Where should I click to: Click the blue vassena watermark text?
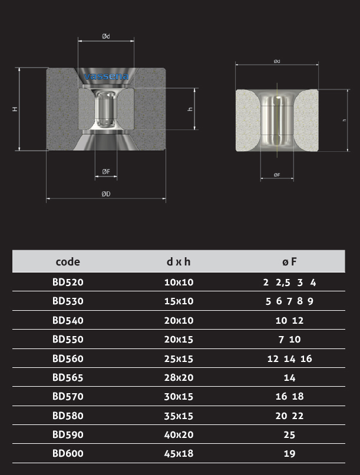(106, 76)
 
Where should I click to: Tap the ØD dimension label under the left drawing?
(106, 194)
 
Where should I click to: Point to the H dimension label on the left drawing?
(15, 109)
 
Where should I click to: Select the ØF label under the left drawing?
(106, 171)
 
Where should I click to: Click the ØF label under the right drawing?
(276, 175)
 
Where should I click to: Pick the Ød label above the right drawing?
(276, 61)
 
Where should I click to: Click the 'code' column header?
(68, 262)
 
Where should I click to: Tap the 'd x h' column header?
(179, 261)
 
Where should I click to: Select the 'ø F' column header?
(289, 261)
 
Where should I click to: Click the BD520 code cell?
(68, 282)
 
